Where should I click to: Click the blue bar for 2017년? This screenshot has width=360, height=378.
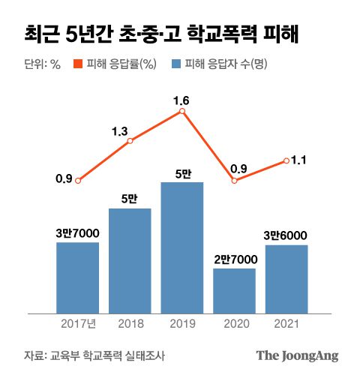pyautogui.click(x=77, y=277)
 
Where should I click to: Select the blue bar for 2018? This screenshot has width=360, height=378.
pyautogui.click(x=130, y=259)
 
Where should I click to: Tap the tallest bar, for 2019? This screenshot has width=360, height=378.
pyautogui.click(x=182, y=247)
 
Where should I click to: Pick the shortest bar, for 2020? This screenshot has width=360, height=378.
pyautogui.click(x=234, y=289)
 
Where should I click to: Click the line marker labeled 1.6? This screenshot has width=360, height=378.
pyautogui.click(x=182, y=112)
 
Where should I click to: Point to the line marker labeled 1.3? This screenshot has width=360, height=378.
pyautogui.click(x=130, y=141)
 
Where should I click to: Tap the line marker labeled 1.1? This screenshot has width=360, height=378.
pyautogui.click(x=286, y=160)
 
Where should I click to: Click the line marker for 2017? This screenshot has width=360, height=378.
pyautogui.click(x=78, y=181)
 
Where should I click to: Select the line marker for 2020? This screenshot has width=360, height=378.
pyautogui.click(x=234, y=181)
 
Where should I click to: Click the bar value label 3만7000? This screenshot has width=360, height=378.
pyautogui.click(x=77, y=233)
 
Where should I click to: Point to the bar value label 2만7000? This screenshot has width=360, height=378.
pyautogui.click(x=235, y=259)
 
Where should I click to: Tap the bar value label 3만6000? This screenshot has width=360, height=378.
pyautogui.click(x=286, y=235)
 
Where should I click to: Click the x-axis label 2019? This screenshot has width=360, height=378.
pyautogui.click(x=182, y=323)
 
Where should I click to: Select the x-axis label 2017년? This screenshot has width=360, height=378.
pyautogui.click(x=78, y=323)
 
